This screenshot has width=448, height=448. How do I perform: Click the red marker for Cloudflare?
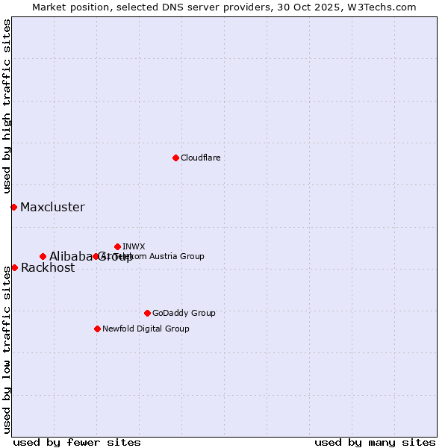[175, 158]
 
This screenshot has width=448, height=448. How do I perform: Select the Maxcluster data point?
[13, 207]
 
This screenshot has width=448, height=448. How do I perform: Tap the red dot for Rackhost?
[14, 267]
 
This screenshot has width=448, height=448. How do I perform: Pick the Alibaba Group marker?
[43, 256]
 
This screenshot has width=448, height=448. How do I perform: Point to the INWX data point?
[117, 246]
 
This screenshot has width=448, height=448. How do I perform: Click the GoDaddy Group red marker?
[147, 313]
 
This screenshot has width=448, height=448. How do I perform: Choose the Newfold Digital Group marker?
[97, 329]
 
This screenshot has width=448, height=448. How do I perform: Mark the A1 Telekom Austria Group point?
[96, 256]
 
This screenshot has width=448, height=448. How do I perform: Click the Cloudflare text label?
[200, 158]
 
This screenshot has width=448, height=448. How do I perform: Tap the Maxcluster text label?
[52, 208]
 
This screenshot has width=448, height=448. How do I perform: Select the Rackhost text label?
[48, 268]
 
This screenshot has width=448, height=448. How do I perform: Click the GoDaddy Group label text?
[184, 313]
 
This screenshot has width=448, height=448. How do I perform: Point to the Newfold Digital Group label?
[146, 329]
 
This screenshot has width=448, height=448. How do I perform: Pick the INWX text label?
[134, 246]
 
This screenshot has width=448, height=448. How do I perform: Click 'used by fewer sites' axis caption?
[77, 442]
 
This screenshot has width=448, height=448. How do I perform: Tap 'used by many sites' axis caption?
[375, 442]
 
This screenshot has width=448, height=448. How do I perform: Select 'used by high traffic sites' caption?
[7, 106]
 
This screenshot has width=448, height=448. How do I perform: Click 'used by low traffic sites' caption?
[7, 349]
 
